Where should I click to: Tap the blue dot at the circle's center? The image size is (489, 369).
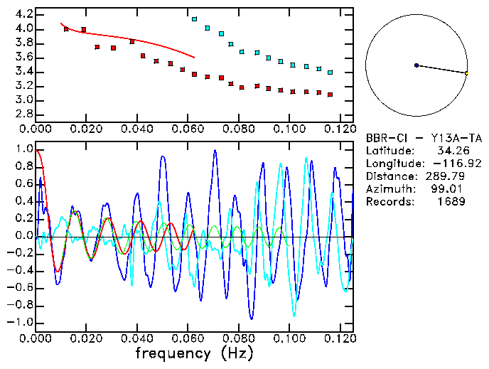[417, 65]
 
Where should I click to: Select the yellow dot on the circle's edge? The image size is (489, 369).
[466, 73]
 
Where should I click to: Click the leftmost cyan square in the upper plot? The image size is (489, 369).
[194, 19]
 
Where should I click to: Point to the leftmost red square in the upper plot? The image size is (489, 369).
[66, 29]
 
